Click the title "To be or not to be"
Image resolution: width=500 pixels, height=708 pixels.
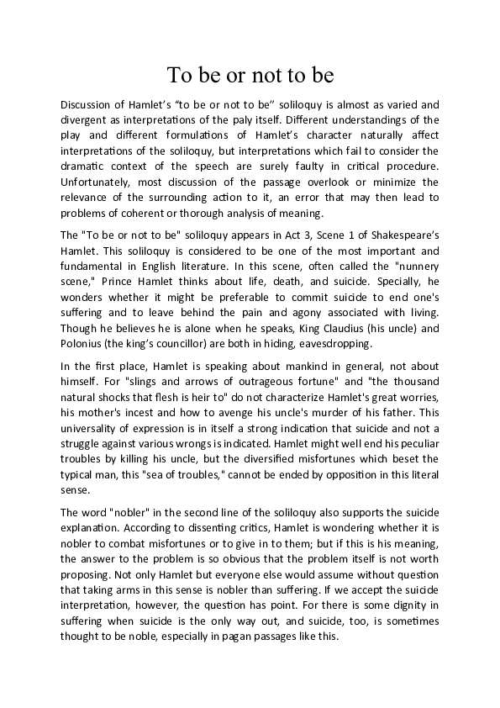coord(250,77)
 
